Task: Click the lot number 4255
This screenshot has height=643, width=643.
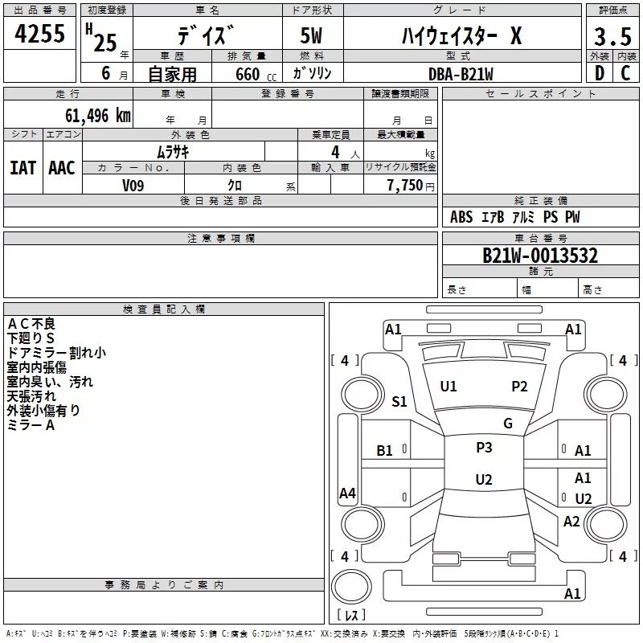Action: [39, 33]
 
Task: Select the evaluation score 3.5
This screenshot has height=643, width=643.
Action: [612, 36]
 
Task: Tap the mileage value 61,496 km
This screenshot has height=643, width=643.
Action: [98, 115]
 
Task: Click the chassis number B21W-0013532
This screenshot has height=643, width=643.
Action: [540, 256]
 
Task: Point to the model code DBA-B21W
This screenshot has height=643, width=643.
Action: [461, 74]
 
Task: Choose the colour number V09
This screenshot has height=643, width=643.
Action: [133, 186]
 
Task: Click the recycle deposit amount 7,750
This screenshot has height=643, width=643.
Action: [405, 185]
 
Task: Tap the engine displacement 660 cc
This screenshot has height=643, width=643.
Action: [256, 74]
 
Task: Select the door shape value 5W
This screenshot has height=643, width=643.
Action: [311, 35]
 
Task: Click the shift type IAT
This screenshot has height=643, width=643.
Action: [23, 168]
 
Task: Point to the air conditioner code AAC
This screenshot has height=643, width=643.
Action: [62, 168]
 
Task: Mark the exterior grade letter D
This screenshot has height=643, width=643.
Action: [600, 73]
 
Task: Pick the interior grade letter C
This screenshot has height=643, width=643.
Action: [625, 73]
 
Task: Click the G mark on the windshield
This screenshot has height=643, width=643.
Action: [508, 423]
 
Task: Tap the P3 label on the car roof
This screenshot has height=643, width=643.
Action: [484, 447]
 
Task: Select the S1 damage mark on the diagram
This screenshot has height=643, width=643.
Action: [399, 401]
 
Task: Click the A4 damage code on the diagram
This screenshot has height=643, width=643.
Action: [347, 493]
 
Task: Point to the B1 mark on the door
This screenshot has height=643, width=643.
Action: [384, 451]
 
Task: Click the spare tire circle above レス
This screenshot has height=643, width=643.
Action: [351, 587]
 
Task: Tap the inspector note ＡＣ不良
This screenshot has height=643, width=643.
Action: [31, 324]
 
